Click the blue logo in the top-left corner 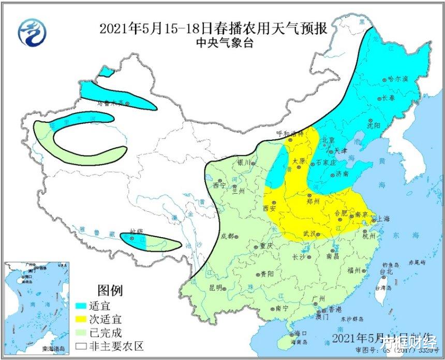click(x=32, y=32)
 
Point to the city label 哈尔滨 click(x=398, y=79)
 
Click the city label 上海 click(x=382, y=219)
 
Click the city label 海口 click(x=301, y=333)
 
